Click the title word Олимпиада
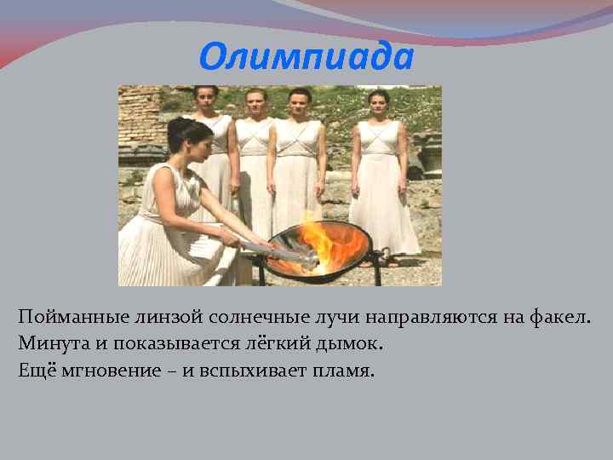(x=306, y=58)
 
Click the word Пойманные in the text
(x=69, y=318)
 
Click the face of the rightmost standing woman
(x=377, y=103)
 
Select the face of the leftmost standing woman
(x=205, y=98)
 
